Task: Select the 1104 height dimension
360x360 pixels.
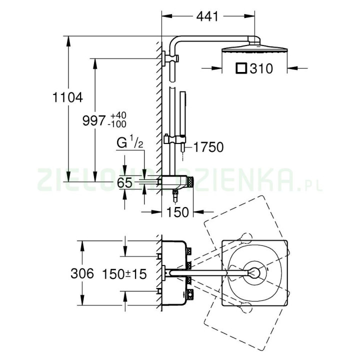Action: (x=66, y=97)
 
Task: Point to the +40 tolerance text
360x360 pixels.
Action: (x=118, y=115)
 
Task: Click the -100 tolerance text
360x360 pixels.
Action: (x=118, y=124)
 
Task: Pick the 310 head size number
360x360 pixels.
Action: (x=261, y=68)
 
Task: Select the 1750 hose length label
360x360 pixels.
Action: (x=208, y=147)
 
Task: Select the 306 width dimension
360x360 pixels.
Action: (x=82, y=273)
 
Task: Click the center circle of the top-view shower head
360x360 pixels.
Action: (x=255, y=273)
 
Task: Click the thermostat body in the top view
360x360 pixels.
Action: (x=175, y=272)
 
